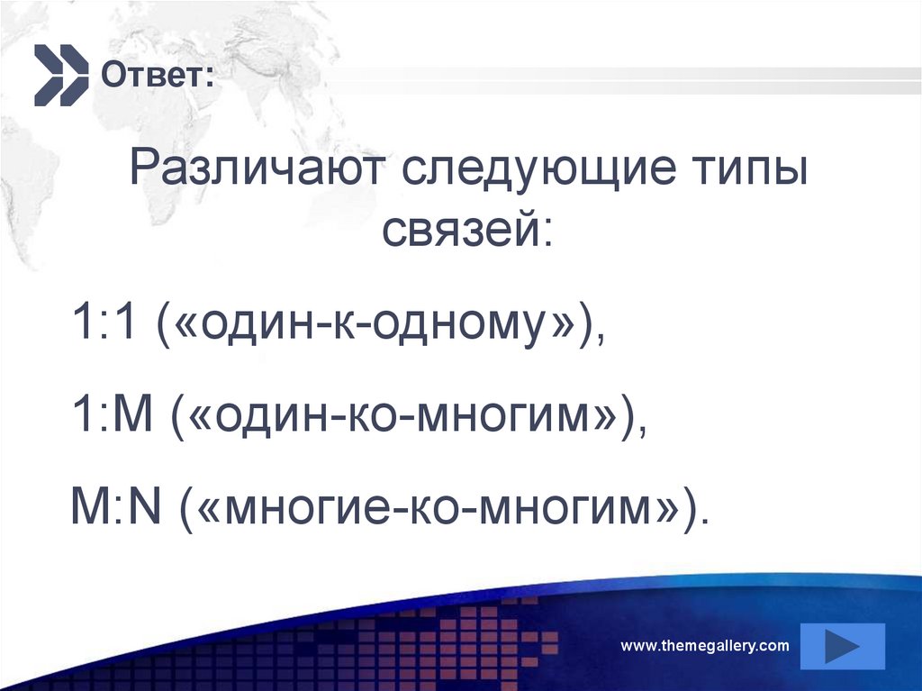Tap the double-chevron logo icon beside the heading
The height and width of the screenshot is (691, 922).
pos(60,73)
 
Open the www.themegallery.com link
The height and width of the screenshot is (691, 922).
pos(705,645)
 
